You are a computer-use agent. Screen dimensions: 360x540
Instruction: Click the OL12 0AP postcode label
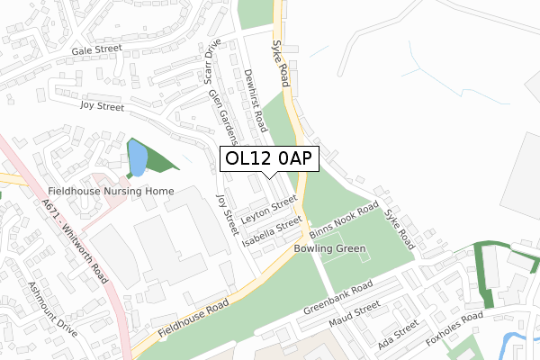(x=270, y=159)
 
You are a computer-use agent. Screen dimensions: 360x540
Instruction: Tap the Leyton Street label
(x=268, y=209)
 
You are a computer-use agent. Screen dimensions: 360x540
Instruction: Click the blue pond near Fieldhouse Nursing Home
(x=136, y=160)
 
